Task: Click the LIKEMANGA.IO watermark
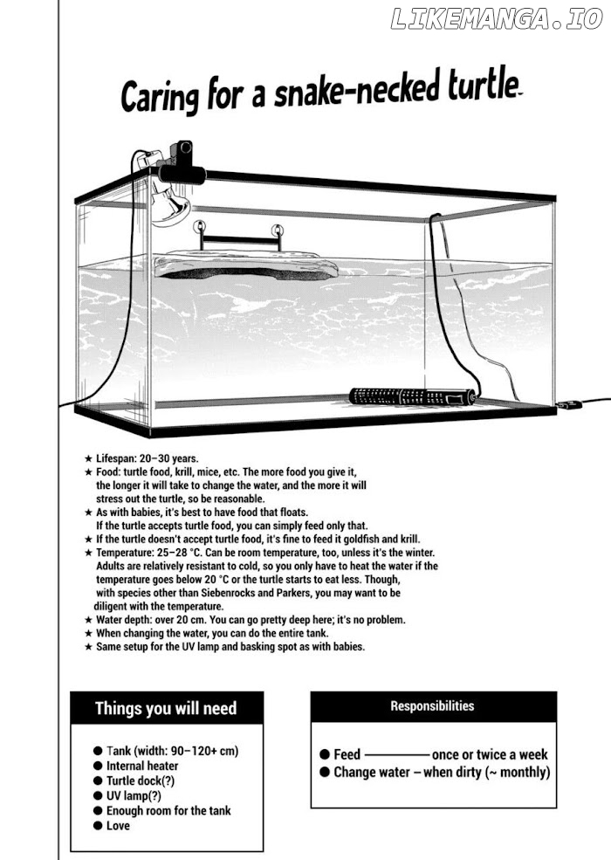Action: pos(497,19)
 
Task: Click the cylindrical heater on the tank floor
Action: pos(412,396)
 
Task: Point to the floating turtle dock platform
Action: pos(246,267)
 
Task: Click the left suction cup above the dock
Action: pos(200,226)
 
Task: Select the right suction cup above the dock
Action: pos(278,230)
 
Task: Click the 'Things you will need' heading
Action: pos(166,708)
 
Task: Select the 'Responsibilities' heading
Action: pos(432,705)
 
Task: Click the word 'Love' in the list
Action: pos(118,825)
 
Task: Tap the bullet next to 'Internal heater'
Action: pos(98,766)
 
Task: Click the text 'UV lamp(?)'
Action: pos(134,796)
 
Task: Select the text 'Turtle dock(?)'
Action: pos(141,781)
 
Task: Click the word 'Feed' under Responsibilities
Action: pos(347,754)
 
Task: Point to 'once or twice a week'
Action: pos(490,754)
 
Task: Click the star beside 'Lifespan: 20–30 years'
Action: pos(88,458)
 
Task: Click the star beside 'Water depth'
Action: pos(88,620)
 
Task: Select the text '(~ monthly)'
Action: pos(518,772)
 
